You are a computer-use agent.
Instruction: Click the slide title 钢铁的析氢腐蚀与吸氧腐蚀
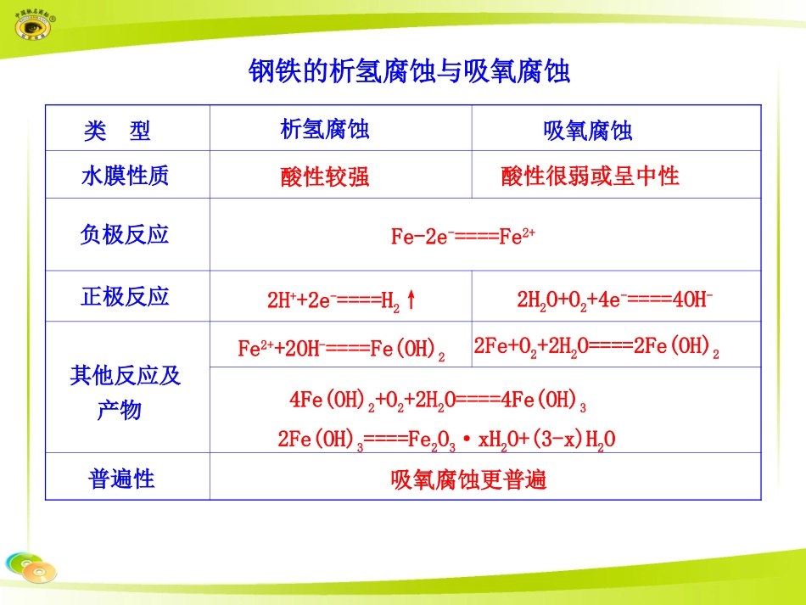point(409,71)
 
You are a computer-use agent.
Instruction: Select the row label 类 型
point(117,131)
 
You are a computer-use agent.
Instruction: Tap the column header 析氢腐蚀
point(325,130)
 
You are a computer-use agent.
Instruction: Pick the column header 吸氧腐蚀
point(588,131)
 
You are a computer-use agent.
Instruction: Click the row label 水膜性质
point(125,176)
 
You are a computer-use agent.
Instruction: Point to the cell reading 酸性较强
point(325,176)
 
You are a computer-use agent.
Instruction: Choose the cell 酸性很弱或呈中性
point(591,176)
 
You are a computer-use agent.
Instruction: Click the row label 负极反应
point(125,235)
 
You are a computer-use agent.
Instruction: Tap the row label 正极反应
point(125,296)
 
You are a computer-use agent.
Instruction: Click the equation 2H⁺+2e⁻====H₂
point(333,300)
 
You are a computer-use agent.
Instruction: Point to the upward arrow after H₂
point(411,300)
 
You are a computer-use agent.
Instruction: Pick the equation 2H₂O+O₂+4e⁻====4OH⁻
point(614,300)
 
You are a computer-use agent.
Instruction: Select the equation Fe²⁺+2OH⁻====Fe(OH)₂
point(341,349)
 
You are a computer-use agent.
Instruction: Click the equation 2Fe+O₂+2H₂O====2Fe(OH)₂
point(596,346)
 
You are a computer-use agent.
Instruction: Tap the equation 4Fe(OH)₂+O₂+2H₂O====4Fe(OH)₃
point(438,399)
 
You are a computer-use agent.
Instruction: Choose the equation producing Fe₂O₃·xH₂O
point(446,440)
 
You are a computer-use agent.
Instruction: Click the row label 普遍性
point(122,479)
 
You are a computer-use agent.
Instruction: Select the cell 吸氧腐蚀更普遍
point(468,479)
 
